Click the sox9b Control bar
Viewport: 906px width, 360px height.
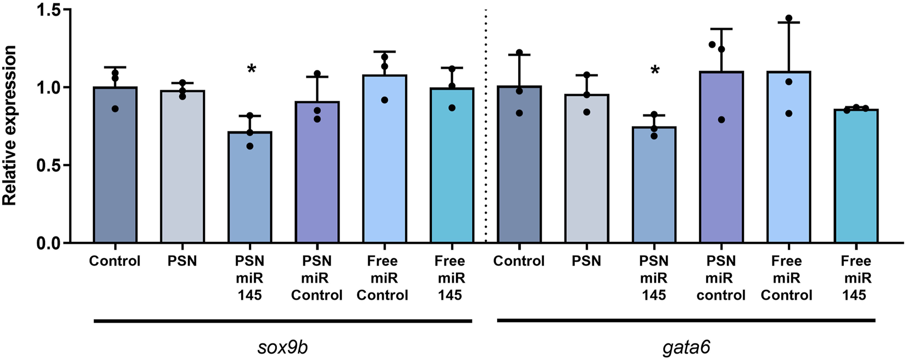coord(115,165)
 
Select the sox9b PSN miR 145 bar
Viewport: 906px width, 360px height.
coord(250,187)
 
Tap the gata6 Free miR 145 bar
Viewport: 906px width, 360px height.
coord(856,176)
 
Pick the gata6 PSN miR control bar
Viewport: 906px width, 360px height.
coord(721,159)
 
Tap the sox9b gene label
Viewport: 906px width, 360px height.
coord(282,347)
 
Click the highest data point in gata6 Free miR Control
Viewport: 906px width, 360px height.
coord(789,18)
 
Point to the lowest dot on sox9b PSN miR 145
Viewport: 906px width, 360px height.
coord(250,146)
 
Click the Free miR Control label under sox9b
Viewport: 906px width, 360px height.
coord(383,278)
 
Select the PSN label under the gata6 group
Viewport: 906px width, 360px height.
coord(586,261)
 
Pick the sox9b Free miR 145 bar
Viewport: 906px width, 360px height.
coord(452,165)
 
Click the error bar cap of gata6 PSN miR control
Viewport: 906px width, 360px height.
coord(721,29)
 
